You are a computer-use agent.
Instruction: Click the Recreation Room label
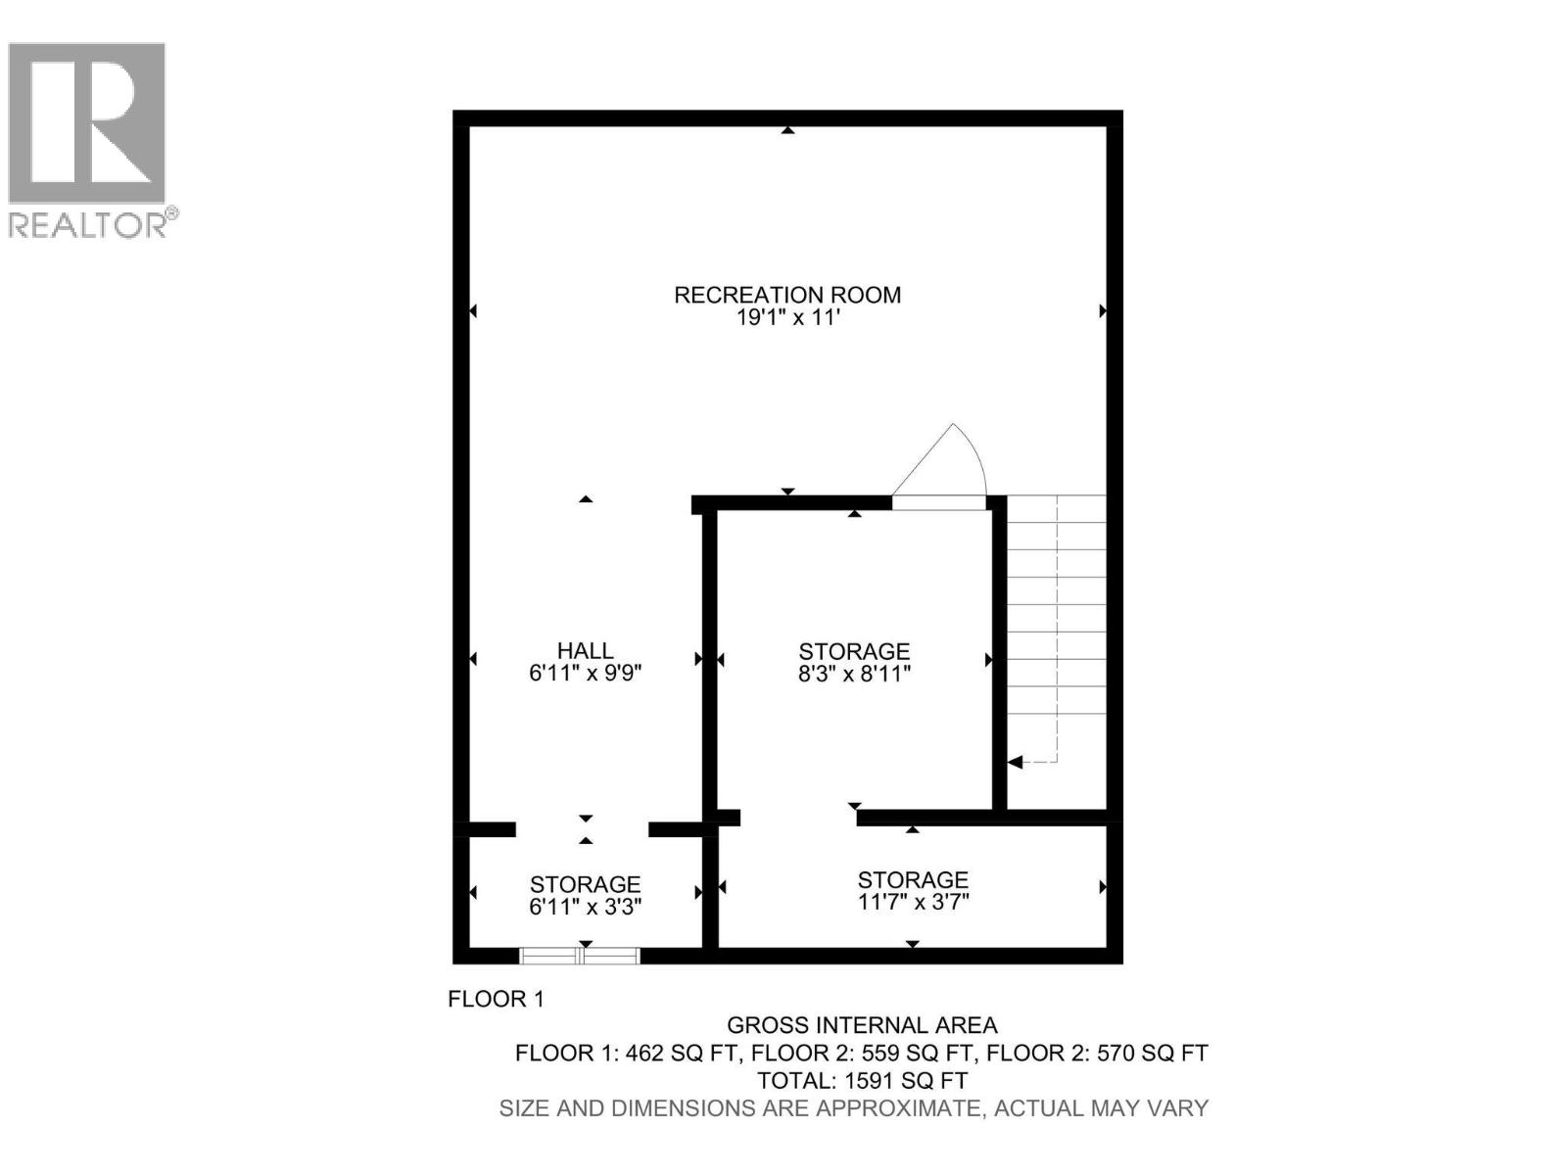(x=787, y=295)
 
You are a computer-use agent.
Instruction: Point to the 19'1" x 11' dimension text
(x=787, y=318)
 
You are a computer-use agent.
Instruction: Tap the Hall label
(x=586, y=650)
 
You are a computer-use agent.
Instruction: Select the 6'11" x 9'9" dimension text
(x=586, y=674)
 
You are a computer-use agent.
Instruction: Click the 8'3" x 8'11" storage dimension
(x=854, y=674)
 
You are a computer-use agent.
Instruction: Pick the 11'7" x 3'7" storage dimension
(x=913, y=902)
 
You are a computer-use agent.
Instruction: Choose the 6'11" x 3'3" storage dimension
(x=586, y=908)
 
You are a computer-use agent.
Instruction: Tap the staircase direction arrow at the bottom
(x=1016, y=762)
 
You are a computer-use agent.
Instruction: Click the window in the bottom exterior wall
(x=579, y=956)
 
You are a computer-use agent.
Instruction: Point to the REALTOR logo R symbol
(x=86, y=121)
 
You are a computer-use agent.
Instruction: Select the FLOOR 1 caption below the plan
(x=496, y=999)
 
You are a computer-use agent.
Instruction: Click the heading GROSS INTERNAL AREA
(x=862, y=1025)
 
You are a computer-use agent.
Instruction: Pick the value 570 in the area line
(x=1120, y=1054)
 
